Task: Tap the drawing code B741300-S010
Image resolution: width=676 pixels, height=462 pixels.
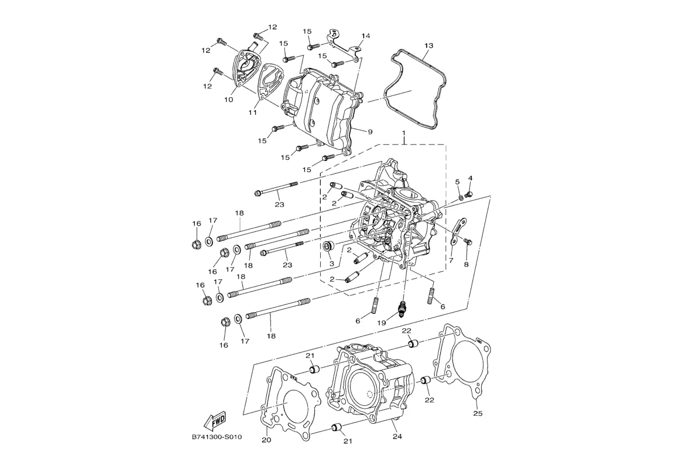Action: pyautogui.click(x=217, y=437)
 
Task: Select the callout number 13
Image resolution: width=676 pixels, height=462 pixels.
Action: pyautogui.click(x=428, y=45)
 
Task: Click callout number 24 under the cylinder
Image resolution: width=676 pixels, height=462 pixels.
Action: pyautogui.click(x=397, y=436)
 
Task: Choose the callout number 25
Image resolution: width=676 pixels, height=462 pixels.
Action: pyautogui.click(x=478, y=413)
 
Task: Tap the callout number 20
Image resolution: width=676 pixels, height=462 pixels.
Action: pyautogui.click(x=266, y=440)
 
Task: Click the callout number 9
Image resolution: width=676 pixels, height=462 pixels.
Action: pyautogui.click(x=369, y=132)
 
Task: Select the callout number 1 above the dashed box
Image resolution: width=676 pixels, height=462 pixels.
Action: pyautogui.click(x=403, y=131)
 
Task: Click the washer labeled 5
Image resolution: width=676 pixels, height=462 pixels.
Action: pyautogui.click(x=461, y=197)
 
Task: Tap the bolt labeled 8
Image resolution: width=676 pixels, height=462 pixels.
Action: pyautogui.click(x=468, y=242)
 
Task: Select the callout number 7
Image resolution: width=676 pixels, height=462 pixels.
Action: pyautogui.click(x=451, y=261)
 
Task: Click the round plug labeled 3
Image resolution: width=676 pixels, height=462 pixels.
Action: pyautogui.click(x=330, y=247)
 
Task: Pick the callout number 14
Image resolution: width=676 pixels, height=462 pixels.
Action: pyautogui.click(x=366, y=36)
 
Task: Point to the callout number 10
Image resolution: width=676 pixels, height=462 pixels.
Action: pyautogui.click(x=228, y=100)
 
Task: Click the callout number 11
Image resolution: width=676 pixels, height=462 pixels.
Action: pyautogui.click(x=253, y=112)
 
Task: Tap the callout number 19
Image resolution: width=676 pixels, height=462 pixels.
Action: pyautogui.click(x=381, y=323)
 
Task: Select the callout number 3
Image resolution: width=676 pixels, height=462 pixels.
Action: pyautogui.click(x=331, y=263)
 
